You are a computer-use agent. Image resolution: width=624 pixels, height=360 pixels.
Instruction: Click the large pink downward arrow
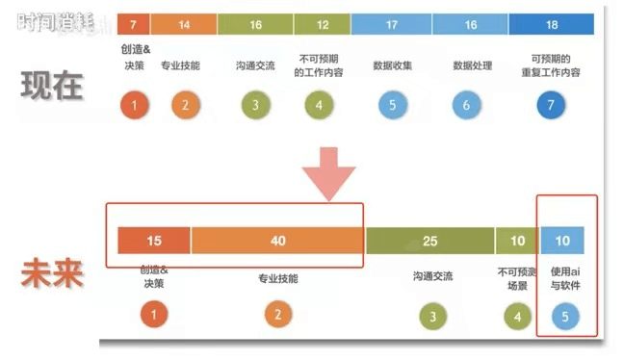[330, 173]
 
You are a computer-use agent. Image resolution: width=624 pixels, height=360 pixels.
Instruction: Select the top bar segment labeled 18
[551, 24]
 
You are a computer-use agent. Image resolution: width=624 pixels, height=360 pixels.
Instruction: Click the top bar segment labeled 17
[391, 24]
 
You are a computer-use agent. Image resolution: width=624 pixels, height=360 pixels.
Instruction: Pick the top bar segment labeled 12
[321, 24]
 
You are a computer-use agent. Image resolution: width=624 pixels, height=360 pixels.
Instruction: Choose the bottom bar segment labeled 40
[277, 241]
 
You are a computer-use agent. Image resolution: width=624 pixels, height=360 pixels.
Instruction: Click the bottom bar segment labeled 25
[429, 241]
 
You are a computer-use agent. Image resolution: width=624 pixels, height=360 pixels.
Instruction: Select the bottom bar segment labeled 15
[154, 241]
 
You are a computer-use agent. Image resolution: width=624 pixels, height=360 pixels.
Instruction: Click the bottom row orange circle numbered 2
[277, 314]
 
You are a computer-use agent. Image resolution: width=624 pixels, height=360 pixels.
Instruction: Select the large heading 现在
[52, 87]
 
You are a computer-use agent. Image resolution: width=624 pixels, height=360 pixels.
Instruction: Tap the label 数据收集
[392, 66]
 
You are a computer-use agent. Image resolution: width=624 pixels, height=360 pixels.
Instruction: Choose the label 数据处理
[472, 66]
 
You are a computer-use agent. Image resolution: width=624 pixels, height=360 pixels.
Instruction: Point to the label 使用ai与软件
[566, 279]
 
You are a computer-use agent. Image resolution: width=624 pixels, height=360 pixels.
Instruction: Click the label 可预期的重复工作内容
[555, 65]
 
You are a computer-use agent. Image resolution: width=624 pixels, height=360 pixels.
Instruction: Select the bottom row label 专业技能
[277, 279]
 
